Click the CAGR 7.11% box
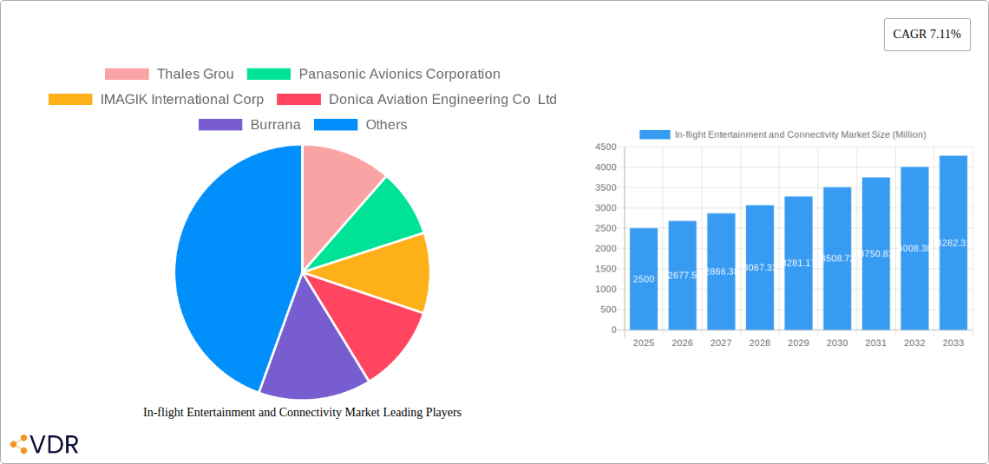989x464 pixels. [927, 35]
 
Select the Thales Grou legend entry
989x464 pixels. [169, 75]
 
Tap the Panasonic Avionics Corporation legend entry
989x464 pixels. [374, 75]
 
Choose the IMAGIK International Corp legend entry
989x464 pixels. [156, 100]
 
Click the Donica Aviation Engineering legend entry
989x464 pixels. [417, 100]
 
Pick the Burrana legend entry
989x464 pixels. [250, 125]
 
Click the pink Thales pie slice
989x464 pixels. [338, 178]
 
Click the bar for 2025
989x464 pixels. [644, 278]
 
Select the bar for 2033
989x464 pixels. [953, 243]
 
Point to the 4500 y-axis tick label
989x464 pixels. [606, 147]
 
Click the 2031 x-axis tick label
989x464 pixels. [875, 343]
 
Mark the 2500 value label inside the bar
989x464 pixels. [644, 279]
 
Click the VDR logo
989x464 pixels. [44, 445]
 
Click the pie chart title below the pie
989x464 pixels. [302, 413]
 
